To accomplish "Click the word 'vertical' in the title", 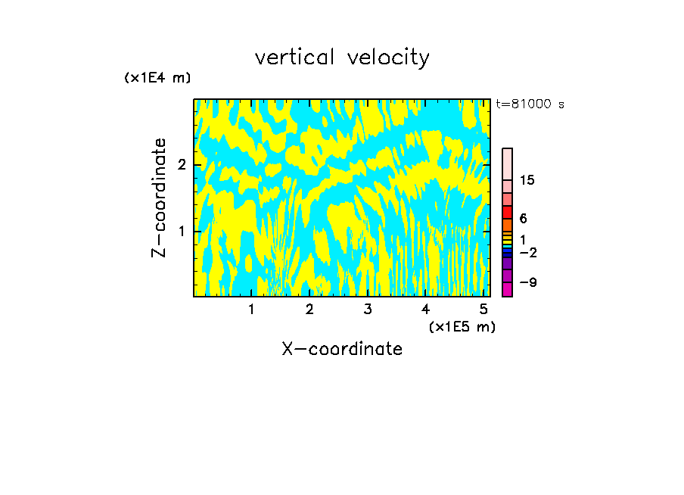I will (296, 58).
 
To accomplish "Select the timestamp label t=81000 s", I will (530, 104).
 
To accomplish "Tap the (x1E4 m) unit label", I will (157, 77).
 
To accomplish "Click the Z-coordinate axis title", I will (159, 198).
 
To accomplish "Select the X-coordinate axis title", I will (342, 349).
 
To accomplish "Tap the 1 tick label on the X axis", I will (252, 310).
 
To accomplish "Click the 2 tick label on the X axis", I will (309, 310).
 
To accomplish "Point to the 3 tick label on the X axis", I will (368, 310).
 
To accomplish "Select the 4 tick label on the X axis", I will (425, 310).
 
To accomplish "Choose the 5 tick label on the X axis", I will (483, 310).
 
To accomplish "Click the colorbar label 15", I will (527, 180).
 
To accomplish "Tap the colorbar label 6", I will (523, 219).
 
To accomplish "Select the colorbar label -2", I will (527, 252).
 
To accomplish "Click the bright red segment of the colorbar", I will (507, 212).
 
